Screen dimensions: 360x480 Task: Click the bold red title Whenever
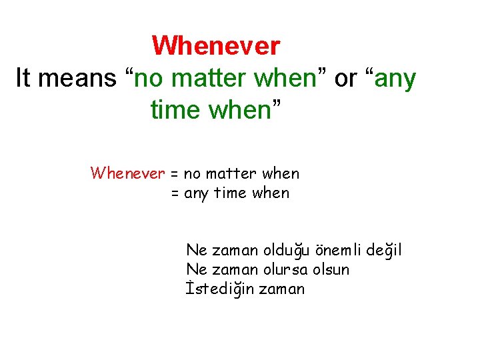pos(216,46)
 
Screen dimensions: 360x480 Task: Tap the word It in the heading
pos(23,78)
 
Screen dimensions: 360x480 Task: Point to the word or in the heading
pos(345,78)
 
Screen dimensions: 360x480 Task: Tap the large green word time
pos(177,109)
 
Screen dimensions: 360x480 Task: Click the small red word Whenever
pos(127,174)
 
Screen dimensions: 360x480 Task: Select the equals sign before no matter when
pos(175,175)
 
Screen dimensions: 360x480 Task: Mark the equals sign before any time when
pos(175,194)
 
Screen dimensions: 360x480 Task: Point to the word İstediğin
pos(217,289)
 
